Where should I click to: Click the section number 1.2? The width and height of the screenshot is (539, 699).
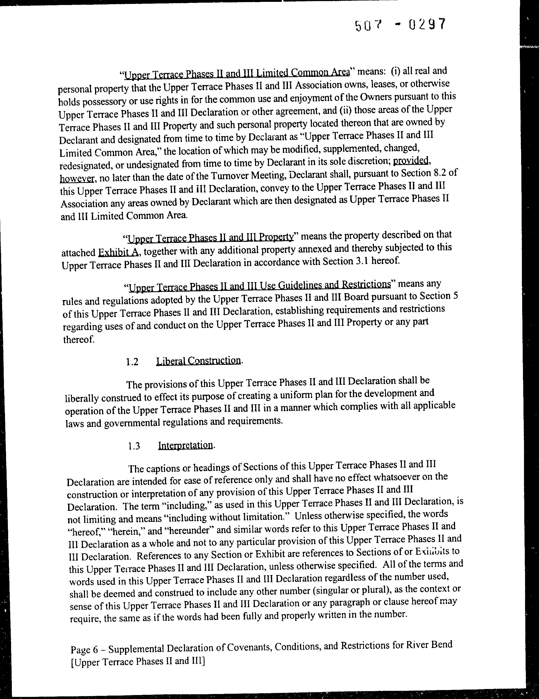pyautogui.click(x=132, y=362)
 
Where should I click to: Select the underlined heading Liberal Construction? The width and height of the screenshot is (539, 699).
pyautogui.click(x=198, y=361)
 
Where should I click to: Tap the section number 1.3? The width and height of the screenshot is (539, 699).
pyautogui.click(x=133, y=446)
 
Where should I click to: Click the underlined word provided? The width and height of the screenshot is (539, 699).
pyautogui.click(x=411, y=160)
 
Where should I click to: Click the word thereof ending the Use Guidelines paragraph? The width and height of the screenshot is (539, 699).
pyautogui.click(x=79, y=339)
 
